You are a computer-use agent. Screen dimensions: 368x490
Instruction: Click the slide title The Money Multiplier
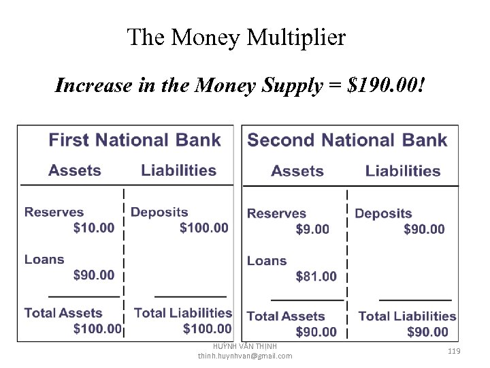(236, 37)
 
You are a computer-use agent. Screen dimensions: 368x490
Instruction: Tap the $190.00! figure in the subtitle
(387, 86)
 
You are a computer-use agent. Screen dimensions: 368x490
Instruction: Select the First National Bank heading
(135, 140)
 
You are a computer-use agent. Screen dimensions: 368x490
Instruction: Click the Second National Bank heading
(347, 140)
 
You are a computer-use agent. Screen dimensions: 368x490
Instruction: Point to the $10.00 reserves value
(94, 228)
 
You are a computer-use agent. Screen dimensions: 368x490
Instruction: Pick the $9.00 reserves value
(312, 230)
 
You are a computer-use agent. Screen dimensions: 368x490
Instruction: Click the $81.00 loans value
(316, 276)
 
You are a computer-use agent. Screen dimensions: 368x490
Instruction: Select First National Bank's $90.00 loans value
(94, 275)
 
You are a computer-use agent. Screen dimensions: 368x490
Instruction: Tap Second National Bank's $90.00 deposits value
(424, 230)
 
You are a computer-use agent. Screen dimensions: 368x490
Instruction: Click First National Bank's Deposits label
(159, 213)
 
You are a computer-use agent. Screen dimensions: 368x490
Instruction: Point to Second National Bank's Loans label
(267, 261)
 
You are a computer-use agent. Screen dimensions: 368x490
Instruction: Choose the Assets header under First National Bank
(75, 170)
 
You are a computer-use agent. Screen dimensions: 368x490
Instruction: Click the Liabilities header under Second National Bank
(403, 171)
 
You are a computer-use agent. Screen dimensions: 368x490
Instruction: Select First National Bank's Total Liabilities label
(183, 313)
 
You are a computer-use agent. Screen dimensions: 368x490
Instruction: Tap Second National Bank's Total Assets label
(286, 316)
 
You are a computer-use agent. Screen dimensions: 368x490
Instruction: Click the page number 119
(455, 350)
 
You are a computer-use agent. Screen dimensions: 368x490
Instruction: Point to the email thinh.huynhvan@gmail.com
(245, 356)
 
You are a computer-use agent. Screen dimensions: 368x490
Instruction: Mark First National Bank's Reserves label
(54, 213)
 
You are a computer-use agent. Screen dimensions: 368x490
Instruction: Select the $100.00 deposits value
(204, 228)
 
